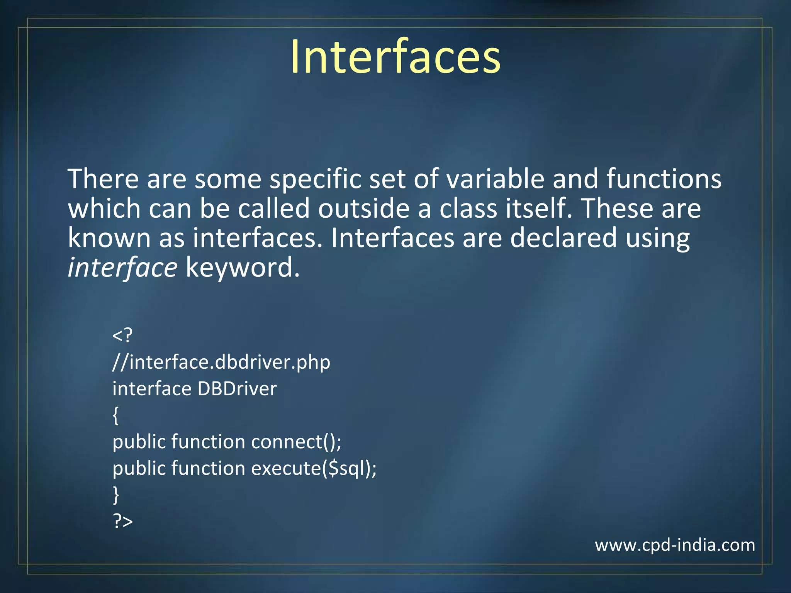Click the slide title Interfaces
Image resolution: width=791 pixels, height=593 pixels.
[x=395, y=57]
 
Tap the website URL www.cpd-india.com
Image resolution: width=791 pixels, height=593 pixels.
[x=675, y=545]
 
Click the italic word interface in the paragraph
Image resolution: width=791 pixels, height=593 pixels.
[x=122, y=268]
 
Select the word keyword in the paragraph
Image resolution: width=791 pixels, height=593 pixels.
[x=243, y=268]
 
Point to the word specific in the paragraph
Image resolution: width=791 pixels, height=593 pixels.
[x=315, y=179]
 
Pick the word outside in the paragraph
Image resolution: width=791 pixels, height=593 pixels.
[x=363, y=208]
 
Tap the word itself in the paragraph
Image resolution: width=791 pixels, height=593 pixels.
[x=538, y=208]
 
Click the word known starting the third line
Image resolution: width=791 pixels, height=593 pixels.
[x=109, y=238]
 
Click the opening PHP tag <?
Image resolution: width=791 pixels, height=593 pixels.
[x=122, y=335]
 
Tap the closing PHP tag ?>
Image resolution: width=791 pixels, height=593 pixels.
[x=123, y=521]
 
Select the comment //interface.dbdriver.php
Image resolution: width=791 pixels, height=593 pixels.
[x=221, y=362]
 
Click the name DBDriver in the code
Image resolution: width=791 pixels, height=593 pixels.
[x=237, y=388]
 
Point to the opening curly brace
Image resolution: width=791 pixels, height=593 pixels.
[x=115, y=416]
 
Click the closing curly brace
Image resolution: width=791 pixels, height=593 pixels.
[x=115, y=495]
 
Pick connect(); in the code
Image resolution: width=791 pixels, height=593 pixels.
[x=296, y=442]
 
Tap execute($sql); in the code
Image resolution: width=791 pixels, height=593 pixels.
[x=314, y=468]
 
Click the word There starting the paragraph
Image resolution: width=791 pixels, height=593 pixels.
[x=103, y=179]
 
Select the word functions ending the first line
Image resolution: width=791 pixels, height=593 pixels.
[x=664, y=179]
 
